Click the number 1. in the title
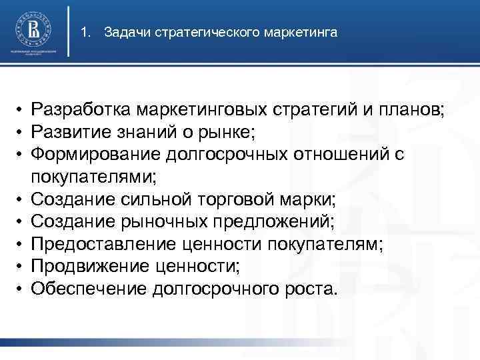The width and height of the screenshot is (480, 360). (85, 31)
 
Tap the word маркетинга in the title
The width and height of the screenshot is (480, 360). (304, 31)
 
